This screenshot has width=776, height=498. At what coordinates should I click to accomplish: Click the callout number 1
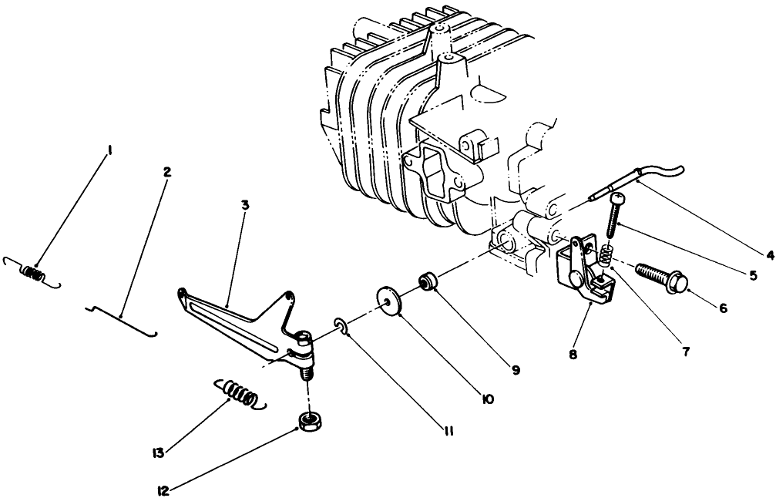click(110, 151)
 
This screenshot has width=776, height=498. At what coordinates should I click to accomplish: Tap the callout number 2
click(166, 171)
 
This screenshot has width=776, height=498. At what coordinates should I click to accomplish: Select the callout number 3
click(244, 206)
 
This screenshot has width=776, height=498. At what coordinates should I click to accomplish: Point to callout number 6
click(722, 306)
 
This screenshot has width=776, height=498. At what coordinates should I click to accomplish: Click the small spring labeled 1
click(33, 272)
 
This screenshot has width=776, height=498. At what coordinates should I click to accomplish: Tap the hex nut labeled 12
click(310, 422)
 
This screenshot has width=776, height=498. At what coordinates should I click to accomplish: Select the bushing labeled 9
click(427, 281)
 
